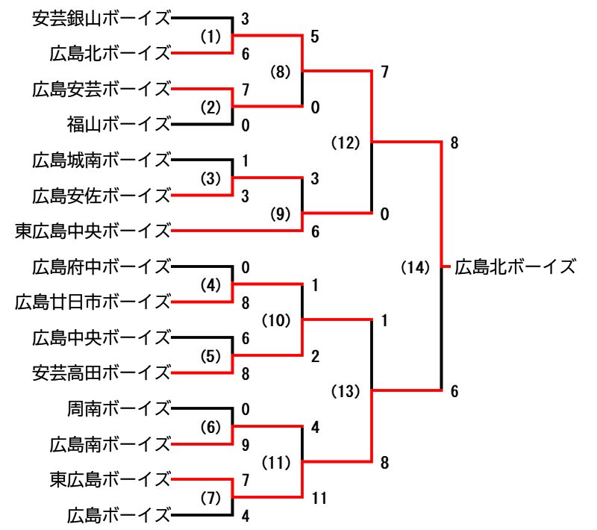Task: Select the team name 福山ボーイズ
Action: [119, 124]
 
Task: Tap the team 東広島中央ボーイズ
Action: [93, 231]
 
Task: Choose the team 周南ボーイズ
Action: [119, 409]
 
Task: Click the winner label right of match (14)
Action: [516, 266]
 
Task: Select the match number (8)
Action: [281, 72]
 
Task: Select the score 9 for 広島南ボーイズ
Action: [246, 445]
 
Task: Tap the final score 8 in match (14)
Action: [454, 143]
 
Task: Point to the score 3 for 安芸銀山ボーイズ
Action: [245, 18]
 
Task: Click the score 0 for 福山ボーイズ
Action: [245, 125]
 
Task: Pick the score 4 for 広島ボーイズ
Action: [246, 515]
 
